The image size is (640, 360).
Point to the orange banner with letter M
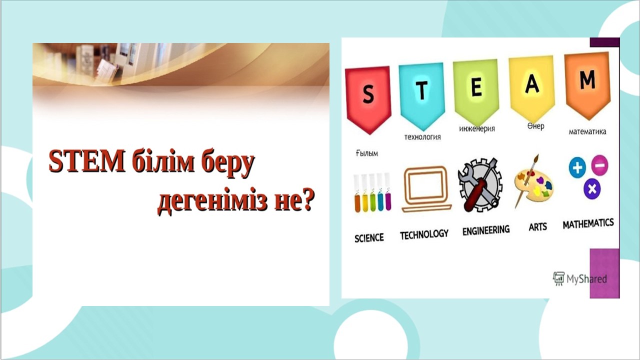tap(587, 85)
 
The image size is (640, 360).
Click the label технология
tap(422, 137)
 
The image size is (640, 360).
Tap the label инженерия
tap(477, 129)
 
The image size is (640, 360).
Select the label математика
tap(587, 131)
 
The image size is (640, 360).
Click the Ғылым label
tap(367, 153)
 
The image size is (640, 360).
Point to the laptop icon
tap(426, 189)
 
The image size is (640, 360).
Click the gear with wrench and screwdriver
tap(480, 185)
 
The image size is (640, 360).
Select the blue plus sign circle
tap(577, 167)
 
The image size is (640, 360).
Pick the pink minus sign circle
tap(599, 165)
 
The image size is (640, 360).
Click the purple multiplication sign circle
tap(592, 189)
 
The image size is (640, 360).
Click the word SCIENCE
tap(369, 238)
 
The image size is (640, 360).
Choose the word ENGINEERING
tap(486, 230)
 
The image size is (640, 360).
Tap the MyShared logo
tap(579, 278)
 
